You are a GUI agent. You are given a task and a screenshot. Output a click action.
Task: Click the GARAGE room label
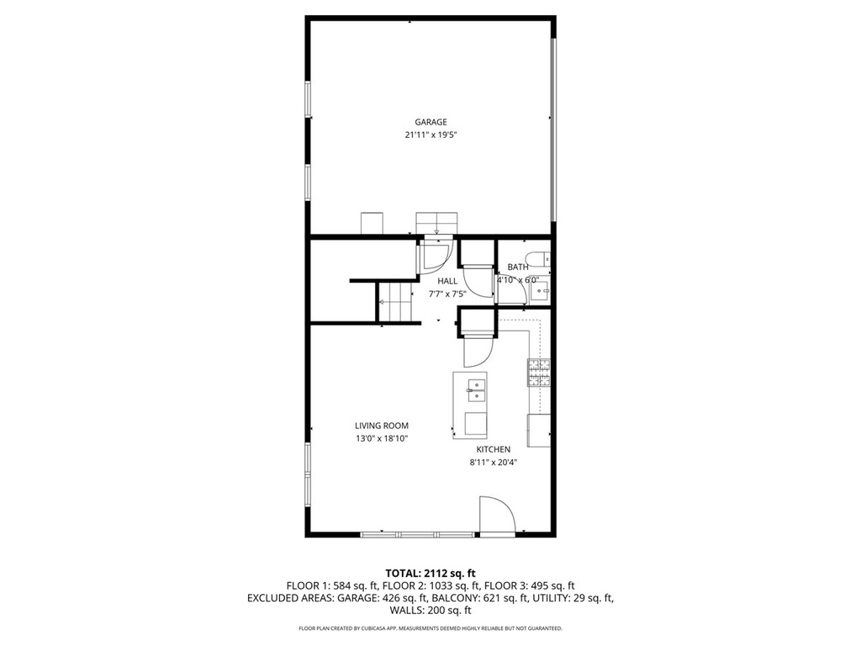click(x=430, y=122)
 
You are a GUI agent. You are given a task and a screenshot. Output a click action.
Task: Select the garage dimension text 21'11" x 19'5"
click(x=431, y=135)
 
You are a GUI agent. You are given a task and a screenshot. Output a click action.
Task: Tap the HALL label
click(x=447, y=281)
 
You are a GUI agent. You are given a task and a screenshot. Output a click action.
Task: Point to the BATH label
click(x=518, y=267)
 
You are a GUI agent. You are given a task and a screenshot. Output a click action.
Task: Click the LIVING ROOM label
click(x=382, y=425)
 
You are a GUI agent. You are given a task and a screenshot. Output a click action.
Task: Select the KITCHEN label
click(x=493, y=449)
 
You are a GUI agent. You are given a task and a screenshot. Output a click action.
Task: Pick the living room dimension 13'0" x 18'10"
click(x=382, y=438)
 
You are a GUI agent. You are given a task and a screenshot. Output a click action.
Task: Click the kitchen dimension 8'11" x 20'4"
click(x=493, y=463)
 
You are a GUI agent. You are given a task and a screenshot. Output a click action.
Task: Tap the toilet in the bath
click(x=537, y=258)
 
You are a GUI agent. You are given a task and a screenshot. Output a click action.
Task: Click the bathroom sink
click(x=541, y=290)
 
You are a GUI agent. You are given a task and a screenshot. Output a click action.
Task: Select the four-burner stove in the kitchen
click(x=539, y=373)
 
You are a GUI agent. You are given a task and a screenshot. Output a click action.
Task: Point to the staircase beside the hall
click(x=395, y=303)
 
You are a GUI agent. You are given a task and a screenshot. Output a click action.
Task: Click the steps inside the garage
click(x=436, y=223)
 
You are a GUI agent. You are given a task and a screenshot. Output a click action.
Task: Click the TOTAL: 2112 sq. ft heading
click(x=430, y=574)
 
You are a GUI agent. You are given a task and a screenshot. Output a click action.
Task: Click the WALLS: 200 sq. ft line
click(x=430, y=611)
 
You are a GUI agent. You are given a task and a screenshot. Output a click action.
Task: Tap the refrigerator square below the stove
click(x=539, y=431)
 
